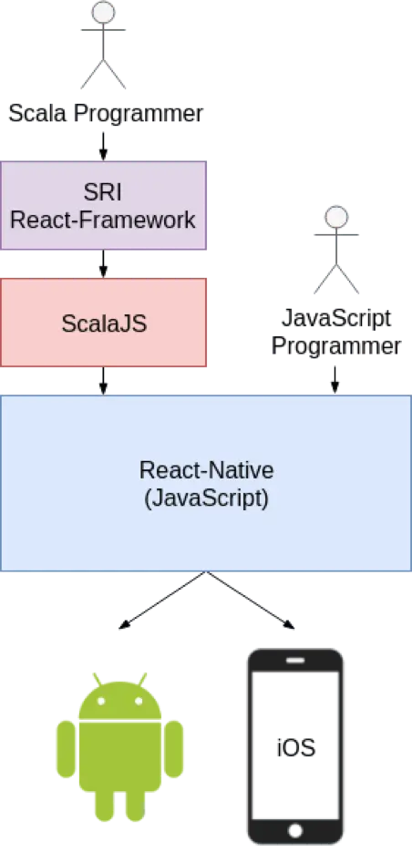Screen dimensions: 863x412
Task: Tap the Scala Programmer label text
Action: (x=105, y=115)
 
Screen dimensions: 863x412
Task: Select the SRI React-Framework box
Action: (x=103, y=206)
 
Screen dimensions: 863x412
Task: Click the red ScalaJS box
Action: (x=103, y=323)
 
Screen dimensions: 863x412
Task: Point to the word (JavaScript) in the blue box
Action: (x=206, y=499)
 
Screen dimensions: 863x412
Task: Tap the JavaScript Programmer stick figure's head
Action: (x=337, y=217)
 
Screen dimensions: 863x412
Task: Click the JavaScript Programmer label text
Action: (x=336, y=332)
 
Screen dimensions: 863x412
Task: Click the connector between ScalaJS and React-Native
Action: (x=103, y=381)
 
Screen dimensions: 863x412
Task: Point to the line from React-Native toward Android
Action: (x=164, y=601)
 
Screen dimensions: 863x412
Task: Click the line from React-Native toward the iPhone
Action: (x=251, y=601)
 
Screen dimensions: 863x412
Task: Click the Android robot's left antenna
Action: (x=95, y=678)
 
